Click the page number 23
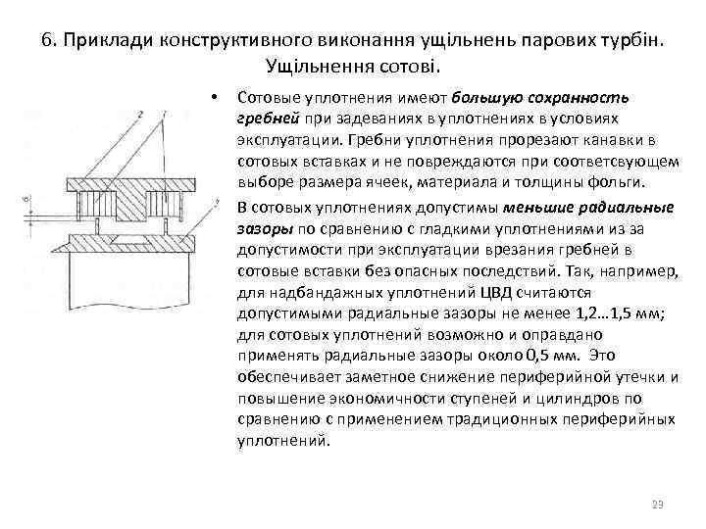pos(657,505)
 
